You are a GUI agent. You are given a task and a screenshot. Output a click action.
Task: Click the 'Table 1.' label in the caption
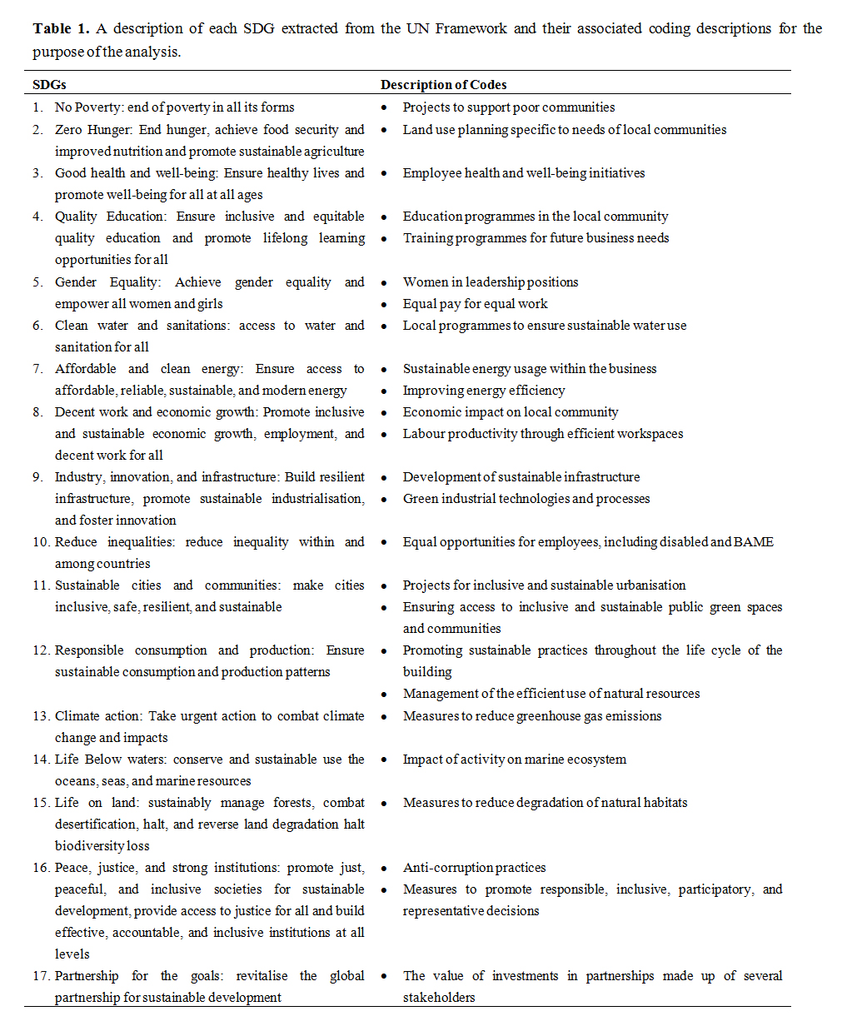tap(61, 29)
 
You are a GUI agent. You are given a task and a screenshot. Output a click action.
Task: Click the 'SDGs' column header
tap(49, 85)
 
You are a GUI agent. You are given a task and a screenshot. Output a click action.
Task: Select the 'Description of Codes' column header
tap(443, 85)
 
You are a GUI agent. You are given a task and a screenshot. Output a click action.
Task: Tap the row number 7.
tap(37, 369)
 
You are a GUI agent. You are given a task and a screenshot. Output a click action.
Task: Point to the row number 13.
tap(42, 716)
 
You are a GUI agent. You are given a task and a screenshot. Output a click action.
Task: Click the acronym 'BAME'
tap(754, 542)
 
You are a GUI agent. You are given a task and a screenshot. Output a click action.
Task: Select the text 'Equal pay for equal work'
tap(475, 304)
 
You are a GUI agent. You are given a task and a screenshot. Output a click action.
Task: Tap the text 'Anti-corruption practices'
tap(474, 868)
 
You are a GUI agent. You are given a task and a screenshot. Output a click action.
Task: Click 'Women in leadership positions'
tap(490, 282)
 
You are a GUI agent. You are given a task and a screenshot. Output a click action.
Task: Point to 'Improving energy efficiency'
tap(483, 391)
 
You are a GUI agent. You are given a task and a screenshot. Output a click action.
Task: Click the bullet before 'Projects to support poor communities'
tap(384, 108)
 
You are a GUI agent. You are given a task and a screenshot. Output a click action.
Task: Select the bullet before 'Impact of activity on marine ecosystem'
tap(384, 760)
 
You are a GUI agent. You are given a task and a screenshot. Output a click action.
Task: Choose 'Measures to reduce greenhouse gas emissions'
tap(531, 716)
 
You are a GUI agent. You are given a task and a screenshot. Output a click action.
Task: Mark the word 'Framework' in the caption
tap(470, 29)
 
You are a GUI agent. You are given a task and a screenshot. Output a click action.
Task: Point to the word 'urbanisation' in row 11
tap(647, 585)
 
